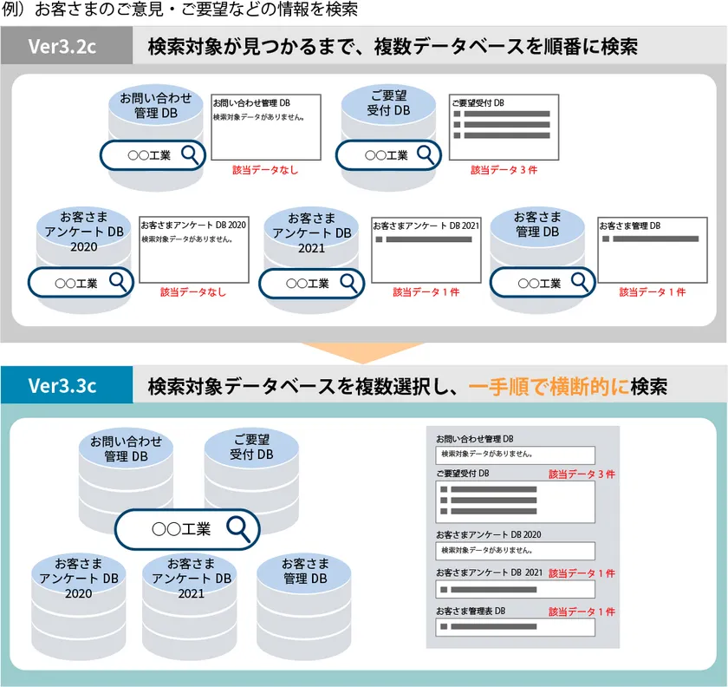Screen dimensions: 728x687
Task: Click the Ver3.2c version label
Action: click(62, 46)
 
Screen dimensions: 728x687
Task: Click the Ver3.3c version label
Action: click(62, 385)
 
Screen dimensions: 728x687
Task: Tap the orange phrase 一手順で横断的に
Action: click(549, 386)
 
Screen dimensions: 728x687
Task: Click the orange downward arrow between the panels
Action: click(363, 353)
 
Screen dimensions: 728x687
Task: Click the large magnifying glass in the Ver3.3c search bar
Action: click(238, 529)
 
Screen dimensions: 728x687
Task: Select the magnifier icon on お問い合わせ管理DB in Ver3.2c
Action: click(190, 154)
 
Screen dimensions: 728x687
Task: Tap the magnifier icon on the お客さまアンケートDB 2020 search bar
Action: click(118, 282)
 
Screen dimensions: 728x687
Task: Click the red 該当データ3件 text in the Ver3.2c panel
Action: click(504, 170)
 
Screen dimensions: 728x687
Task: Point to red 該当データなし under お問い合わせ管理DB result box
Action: click(265, 170)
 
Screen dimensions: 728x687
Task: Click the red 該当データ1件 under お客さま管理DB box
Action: click(653, 292)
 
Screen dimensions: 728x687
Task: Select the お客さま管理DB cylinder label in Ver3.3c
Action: click(305, 572)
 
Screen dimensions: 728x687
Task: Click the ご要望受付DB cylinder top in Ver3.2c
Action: click(388, 103)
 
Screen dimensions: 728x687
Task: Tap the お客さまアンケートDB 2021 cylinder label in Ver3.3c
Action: click(192, 579)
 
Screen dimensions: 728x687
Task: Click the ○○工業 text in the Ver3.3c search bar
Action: click(181, 529)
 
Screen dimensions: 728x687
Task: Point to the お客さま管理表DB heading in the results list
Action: click(471, 612)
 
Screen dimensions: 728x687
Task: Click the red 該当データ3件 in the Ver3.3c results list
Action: click(582, 474)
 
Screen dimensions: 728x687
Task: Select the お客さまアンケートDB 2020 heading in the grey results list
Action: click(489, 534)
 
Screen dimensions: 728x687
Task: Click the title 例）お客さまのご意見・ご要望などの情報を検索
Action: click(179, 10)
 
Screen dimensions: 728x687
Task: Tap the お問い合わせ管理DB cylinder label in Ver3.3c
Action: click(126, 449)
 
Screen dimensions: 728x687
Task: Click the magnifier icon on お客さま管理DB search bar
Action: click(580, 282)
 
